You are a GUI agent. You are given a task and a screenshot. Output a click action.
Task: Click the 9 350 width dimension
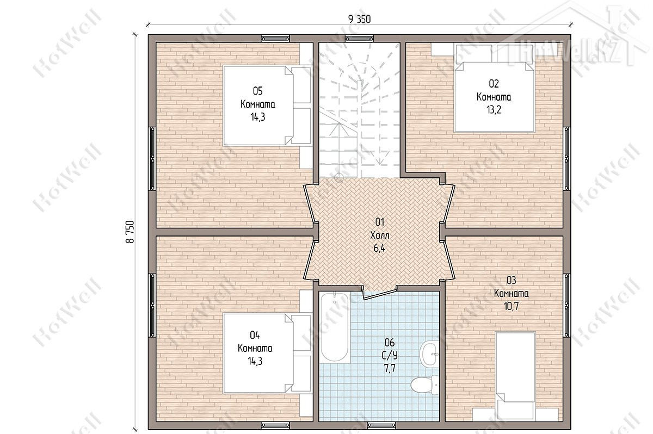click(360, 19)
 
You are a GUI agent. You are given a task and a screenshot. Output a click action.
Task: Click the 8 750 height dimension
click(130, 232)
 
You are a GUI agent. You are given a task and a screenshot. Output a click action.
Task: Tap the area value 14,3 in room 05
click(258, 117)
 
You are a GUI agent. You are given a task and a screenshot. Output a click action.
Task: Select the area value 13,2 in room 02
click(494, 110)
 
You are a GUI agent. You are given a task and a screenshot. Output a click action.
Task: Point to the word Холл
click(380, 235)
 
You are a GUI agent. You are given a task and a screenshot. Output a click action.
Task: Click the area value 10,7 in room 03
click(512, 306)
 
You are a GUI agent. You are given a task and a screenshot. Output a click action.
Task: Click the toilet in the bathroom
click(424, 385)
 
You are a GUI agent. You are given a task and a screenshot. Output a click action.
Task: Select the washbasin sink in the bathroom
click(429, 354)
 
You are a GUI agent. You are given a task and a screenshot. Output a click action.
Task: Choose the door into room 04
click(310, 259)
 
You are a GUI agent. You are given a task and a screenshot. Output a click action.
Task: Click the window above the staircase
click(359, 39)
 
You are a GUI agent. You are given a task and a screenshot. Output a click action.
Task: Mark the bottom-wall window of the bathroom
click(381, 425)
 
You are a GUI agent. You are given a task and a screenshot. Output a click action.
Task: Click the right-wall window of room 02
click(566, 159)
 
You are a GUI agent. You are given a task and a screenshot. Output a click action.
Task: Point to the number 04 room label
click(255, 335)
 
